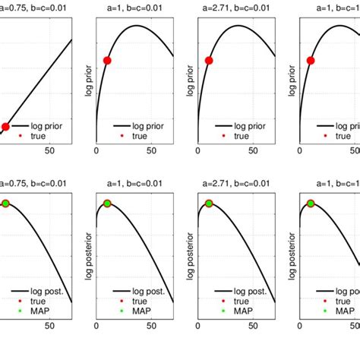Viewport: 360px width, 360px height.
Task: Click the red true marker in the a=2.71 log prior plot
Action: click(208, 60)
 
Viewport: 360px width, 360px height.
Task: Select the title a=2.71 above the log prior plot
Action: click(235, 7)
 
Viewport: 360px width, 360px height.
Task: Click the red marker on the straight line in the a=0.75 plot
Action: click(5, 126)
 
